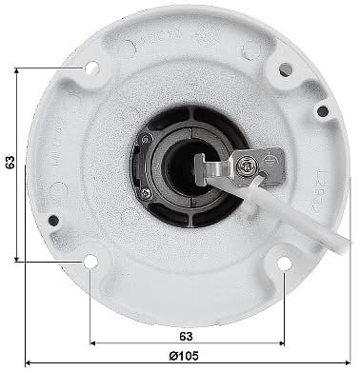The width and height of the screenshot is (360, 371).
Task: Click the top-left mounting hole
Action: coord(91,68)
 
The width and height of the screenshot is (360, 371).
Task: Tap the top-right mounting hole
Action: coord(285,68)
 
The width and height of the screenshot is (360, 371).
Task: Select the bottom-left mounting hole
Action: coord(90,261)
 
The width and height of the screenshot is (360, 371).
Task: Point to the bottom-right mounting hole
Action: coord(284,262)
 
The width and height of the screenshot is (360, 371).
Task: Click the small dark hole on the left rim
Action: coord(53,220)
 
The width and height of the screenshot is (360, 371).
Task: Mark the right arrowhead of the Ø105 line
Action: coord(345,362)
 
